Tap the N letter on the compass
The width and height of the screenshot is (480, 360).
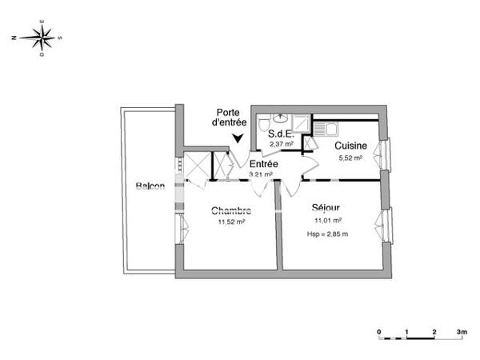[14, 37]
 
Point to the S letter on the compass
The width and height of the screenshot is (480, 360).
[60, 37]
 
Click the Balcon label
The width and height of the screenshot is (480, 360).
[150, 186]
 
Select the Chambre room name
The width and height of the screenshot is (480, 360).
[231, 211]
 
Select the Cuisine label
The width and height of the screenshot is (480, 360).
[350, 146]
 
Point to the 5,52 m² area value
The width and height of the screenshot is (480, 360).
[350, 158]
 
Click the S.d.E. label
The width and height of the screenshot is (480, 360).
[281, 134]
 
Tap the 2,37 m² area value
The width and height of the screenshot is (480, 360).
[281, 144]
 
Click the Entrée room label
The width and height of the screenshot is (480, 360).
[263, 163]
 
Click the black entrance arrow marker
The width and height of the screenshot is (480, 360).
[238, 138]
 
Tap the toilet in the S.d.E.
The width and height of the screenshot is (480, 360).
[265, 122]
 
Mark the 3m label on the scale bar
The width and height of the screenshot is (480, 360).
[461, 330]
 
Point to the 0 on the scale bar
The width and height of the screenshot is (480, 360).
[379, 330]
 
